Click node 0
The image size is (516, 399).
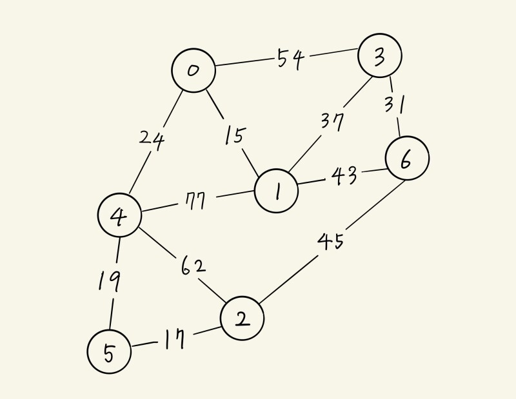(x=193, y=70)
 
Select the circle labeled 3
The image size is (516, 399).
(x=380, y=56)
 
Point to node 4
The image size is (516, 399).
(x=119, y=217)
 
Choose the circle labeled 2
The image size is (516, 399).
(x=242, y=318)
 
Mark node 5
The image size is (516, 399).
(x=109, y=351)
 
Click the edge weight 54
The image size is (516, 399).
(x=290, y=59)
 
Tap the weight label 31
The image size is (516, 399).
(x=393, y=103)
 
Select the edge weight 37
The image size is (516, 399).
(x=333, y=121)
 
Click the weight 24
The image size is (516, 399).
(x=152, y=138)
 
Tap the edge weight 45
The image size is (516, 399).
(x=330, y=242)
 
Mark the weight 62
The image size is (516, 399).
(x=192, y=265)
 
